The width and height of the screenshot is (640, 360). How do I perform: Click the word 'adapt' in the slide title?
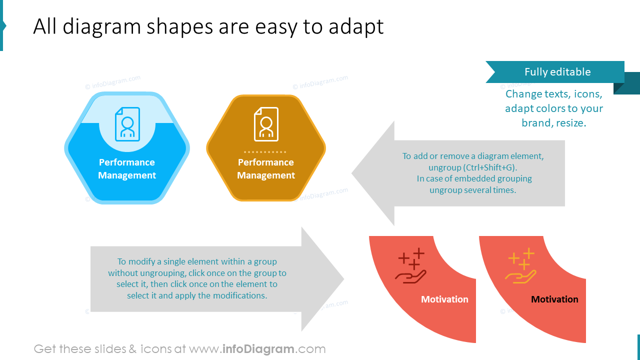click(356, 27)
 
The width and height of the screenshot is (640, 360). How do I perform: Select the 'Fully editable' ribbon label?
click(557, 72)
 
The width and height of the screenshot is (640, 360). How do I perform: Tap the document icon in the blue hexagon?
click(127, 124)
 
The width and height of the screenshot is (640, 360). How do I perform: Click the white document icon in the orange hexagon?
click(266, 124)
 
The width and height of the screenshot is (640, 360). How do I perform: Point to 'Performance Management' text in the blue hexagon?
click(127, 169)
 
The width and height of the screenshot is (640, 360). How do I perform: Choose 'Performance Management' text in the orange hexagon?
click(266, 169)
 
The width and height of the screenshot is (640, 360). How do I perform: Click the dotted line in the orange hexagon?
click(265, 151)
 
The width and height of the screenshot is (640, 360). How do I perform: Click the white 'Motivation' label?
click(444, 299)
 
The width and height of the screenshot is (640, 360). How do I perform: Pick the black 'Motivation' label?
click(554, 299)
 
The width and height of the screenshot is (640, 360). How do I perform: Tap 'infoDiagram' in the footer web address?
click(258, 349)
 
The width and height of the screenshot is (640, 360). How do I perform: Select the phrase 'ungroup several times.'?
click(472, 190)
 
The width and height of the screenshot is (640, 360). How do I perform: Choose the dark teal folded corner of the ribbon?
click(627, 84)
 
